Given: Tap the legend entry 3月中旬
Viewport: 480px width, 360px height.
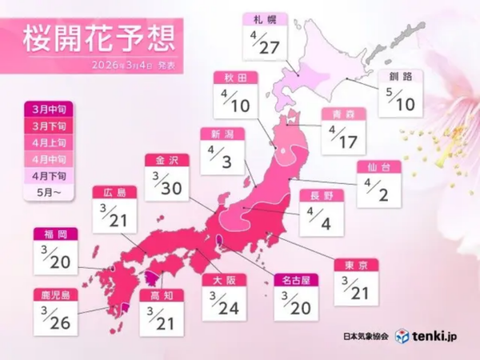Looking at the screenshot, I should click(50, 111).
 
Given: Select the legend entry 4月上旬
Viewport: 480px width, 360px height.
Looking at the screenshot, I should click(50, 143).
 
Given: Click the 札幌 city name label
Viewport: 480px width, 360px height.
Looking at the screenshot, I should click(262, 18).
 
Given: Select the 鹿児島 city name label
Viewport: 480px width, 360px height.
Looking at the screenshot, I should click(55, 295).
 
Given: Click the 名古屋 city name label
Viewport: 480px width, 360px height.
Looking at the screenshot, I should click(293, 280).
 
